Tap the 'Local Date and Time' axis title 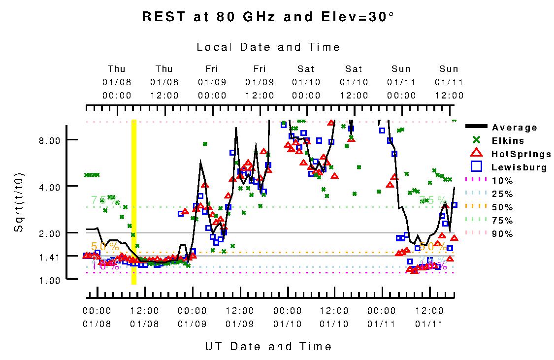[268, 47]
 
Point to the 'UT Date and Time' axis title [268, 347]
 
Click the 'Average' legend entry [515, 128]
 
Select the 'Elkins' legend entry [510, 141]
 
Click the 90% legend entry [502, 234]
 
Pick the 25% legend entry [502, 194]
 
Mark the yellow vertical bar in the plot [133, 202]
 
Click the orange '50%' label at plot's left [105, 246]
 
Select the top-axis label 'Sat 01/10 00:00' [306, 82]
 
